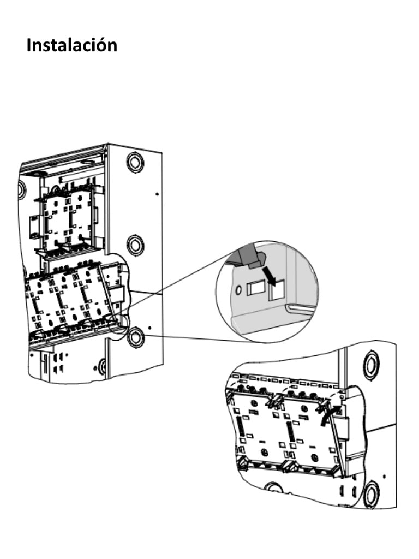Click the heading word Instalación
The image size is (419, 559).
(71, 45)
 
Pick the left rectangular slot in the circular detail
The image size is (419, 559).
(254, 288)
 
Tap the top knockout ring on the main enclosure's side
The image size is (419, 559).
(135, 162)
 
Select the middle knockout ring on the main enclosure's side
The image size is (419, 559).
(135, 245)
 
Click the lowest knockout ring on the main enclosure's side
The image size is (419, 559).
(135, 336)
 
